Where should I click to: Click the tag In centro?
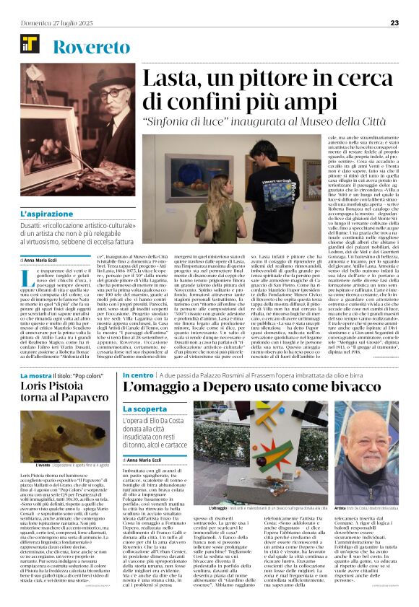point(138,375)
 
